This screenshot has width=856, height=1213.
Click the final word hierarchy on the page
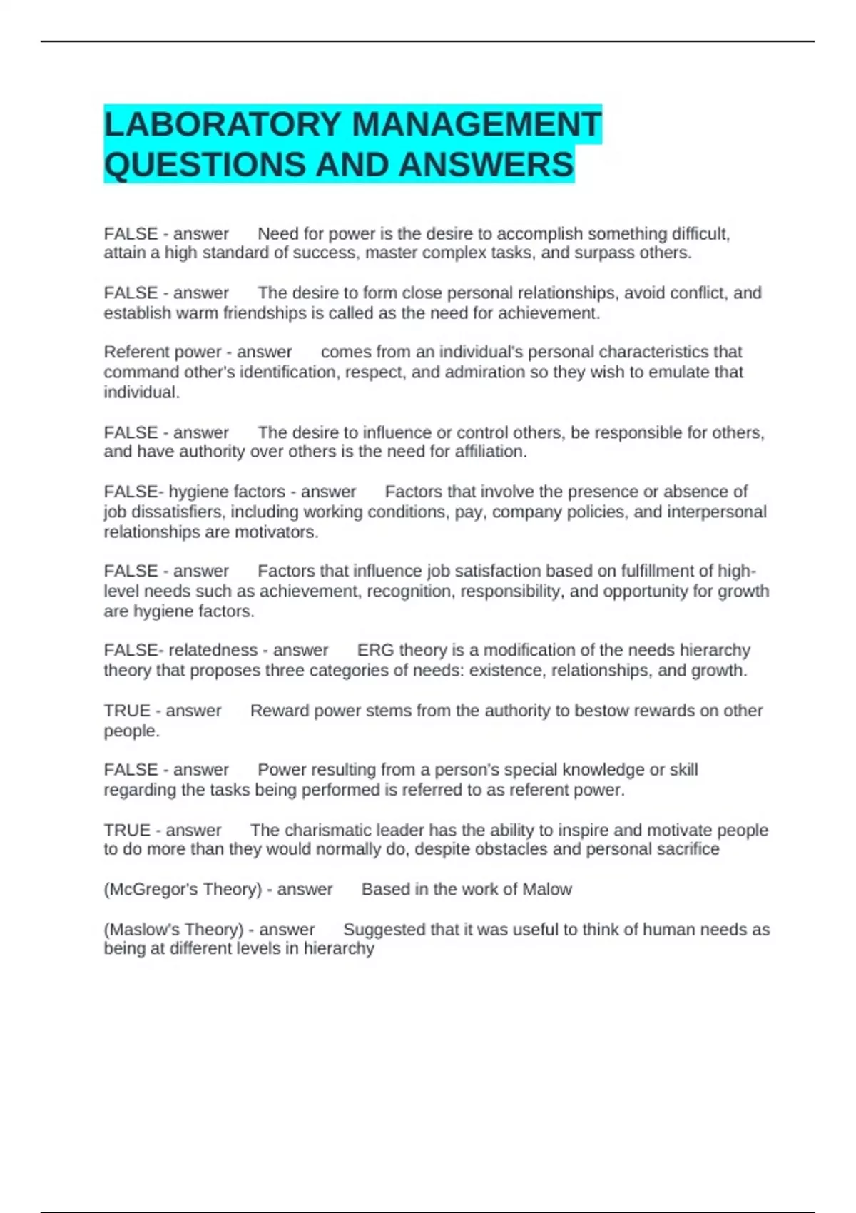coord(339,948)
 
